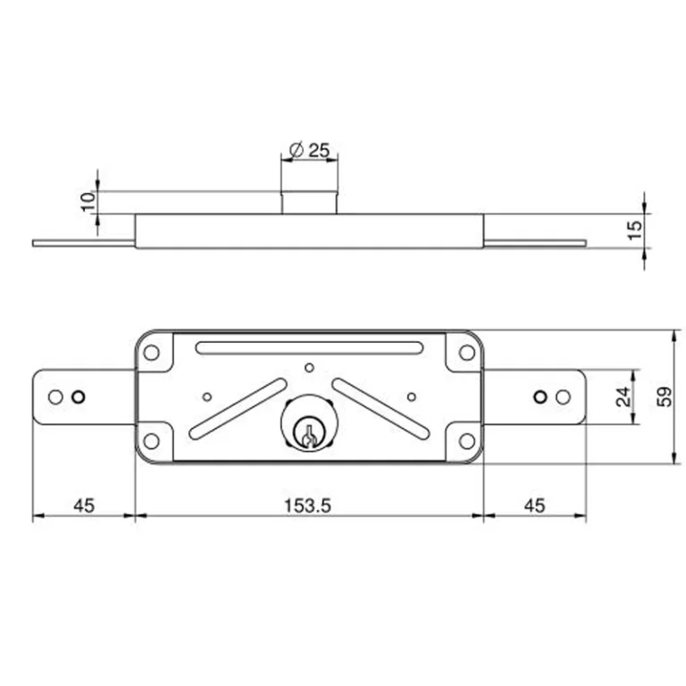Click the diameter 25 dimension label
[309, 150]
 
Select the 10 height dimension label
[88, 202]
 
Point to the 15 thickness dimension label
[635, 230]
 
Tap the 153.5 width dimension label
[307, 506]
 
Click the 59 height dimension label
[665, 397]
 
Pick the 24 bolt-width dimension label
[623, 397]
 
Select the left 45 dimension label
[84, 506]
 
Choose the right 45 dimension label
[534, 506]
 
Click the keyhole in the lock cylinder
[309, 435]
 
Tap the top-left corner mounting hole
[151, 352]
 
